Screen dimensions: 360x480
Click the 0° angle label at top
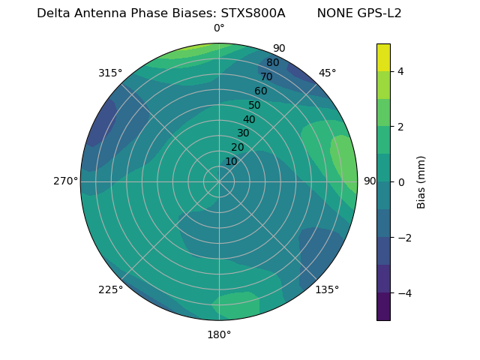coord(219,28)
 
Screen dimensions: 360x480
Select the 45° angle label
coord(327,73)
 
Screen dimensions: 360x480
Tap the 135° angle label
coord(327,289)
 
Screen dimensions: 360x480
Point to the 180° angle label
coord(219,334)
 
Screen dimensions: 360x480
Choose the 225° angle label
coord(110,289)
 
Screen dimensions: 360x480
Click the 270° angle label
coord(65,181)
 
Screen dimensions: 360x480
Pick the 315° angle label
coord(110,73)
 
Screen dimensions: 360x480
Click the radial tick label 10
coord(231,161)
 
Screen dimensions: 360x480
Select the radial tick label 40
coord(249,119)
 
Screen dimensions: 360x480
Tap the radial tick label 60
coord(260,91)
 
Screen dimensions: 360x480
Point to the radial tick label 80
coord(272,63)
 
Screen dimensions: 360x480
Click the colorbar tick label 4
coord(401,71)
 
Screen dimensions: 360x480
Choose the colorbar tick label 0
coord(401,181)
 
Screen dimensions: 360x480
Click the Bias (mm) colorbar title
coord(421,181)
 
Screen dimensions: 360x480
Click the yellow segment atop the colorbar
coord(383,57)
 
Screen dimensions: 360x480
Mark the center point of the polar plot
coord(219,181)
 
